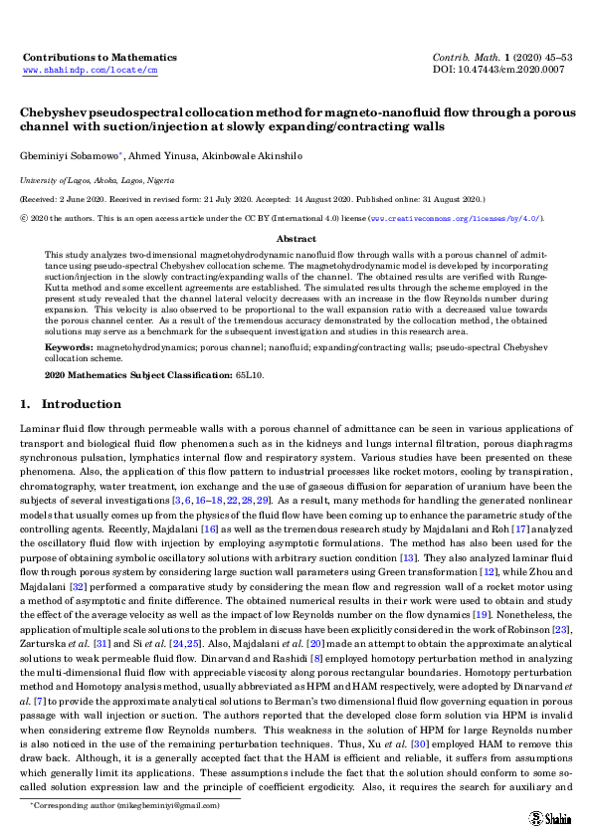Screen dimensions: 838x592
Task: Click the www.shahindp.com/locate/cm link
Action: (x=90, y=72)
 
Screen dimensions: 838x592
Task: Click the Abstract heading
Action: (x=296, y=240)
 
